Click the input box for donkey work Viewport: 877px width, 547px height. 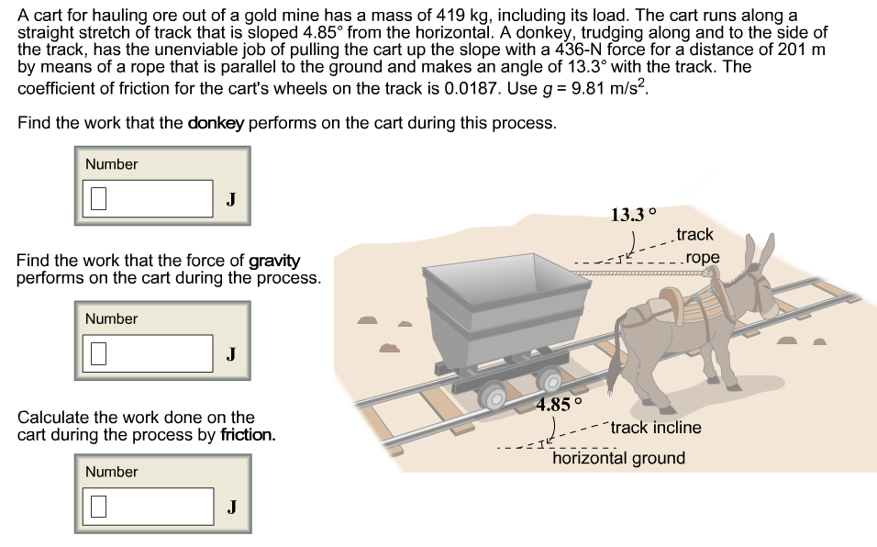[x=151, y=198]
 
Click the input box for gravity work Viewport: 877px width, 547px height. [x=151, y=352]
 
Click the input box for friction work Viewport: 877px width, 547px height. [x=151, y=506]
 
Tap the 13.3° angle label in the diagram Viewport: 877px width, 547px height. [x=634, y=215]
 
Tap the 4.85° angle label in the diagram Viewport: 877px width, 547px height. [x=561, y=404]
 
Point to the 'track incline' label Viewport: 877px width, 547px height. [x=655, y=428]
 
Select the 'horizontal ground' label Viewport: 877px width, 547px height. [x=618, y=458]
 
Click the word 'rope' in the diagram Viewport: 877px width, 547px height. [x=702, y=257]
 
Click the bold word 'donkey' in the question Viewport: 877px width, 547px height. [x=216, y=123]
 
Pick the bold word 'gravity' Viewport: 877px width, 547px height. [x=274, y=262]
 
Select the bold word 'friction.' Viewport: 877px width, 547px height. [x=248, y=434]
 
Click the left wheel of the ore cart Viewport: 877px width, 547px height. [x=494, y=396]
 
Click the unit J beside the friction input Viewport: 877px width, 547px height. [x=231, y=507]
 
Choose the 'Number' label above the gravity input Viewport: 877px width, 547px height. [x=111, y=318]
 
